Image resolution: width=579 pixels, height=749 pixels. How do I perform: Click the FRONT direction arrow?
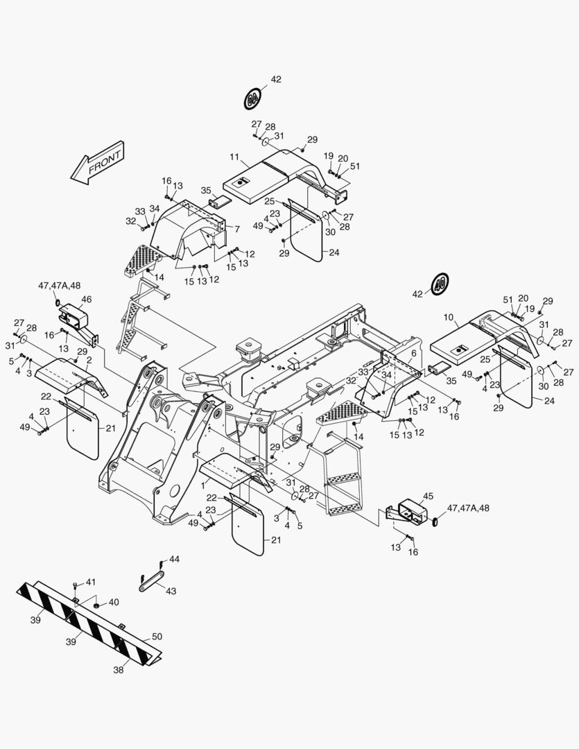pyautogui.click(x=96, y=164)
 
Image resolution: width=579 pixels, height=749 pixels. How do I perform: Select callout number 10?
pyautogui.click(x=448, y=318)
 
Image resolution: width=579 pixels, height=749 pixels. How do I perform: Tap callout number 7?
pyautogui.click(x=237, y=229)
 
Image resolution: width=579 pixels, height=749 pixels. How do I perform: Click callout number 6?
pyautogui.click(x=413, y=353)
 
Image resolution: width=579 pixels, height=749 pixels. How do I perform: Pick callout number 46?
pyautogui.click(x=86, y=300)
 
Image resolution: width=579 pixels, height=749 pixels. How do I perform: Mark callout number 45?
pyautogui.click(x=428, y=496)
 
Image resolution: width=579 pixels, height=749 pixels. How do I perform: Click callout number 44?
pyautogui.click(x=174, y=559)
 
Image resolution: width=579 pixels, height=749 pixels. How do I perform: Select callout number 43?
pyautogui.click(x=171, y=591)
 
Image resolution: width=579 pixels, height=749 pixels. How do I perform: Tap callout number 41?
pyautogui.click(x=91, y=582)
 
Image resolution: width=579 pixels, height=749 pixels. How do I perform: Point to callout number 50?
pyautogui.click(x=157, y=637)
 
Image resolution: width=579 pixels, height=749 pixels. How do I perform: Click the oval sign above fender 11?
pyautogui.click(x=252, y=98)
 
